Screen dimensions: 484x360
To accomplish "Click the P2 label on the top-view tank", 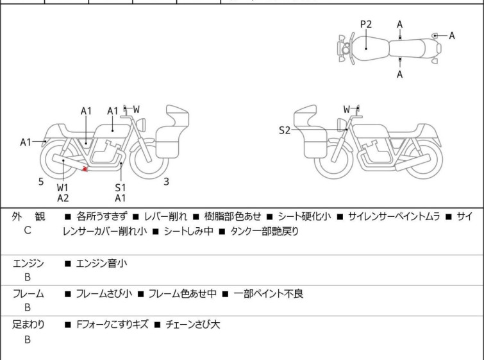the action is point(366,24).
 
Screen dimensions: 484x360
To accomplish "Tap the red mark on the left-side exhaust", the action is point(85,169).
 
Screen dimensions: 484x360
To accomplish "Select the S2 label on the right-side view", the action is point(285,130).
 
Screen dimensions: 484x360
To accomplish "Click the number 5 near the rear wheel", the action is point(41,182).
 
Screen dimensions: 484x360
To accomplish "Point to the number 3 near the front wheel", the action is point(166,182).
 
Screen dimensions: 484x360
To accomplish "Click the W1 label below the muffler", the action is point(63,187).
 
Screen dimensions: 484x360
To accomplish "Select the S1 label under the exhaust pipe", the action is point(121,187).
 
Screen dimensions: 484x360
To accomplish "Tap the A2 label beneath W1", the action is point(63,198).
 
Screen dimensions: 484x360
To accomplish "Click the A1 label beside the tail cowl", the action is point(26,142).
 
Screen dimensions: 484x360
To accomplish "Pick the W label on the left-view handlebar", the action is point(137,109).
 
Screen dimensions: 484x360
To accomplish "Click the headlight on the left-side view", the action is point(142,124).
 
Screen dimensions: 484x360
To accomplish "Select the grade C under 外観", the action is point(28,230).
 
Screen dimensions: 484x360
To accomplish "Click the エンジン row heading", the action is point(28,264).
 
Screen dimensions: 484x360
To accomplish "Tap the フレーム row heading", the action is point(28,294).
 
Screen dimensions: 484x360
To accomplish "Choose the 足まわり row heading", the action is point(28,325).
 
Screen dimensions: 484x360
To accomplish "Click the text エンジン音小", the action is point(101,264).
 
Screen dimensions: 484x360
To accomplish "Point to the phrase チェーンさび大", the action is point(192,325).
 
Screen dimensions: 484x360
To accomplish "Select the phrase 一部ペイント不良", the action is point(268,294).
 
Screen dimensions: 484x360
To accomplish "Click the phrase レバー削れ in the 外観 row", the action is point(166,217).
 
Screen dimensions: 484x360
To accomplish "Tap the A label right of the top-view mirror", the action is point(452,36).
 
